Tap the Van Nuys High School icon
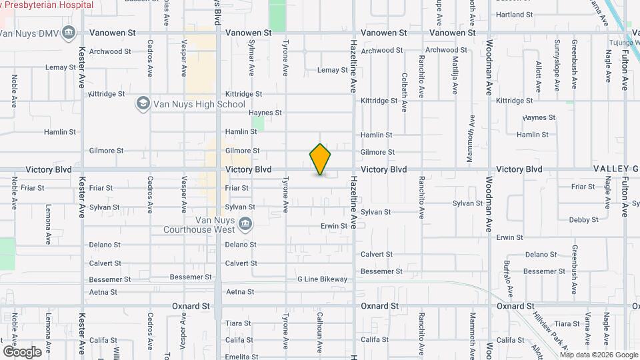click(142, 103)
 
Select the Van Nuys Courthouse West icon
click(245, 223)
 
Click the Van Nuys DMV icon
click(69, 32)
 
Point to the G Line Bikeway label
click(322, 279)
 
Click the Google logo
click(22, 351)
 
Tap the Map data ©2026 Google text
click(599, 354)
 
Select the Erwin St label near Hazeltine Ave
click(334, 226)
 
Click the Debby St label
click(584, 219)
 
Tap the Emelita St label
click(241, 357)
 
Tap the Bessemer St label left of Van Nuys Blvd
click(191, 277)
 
